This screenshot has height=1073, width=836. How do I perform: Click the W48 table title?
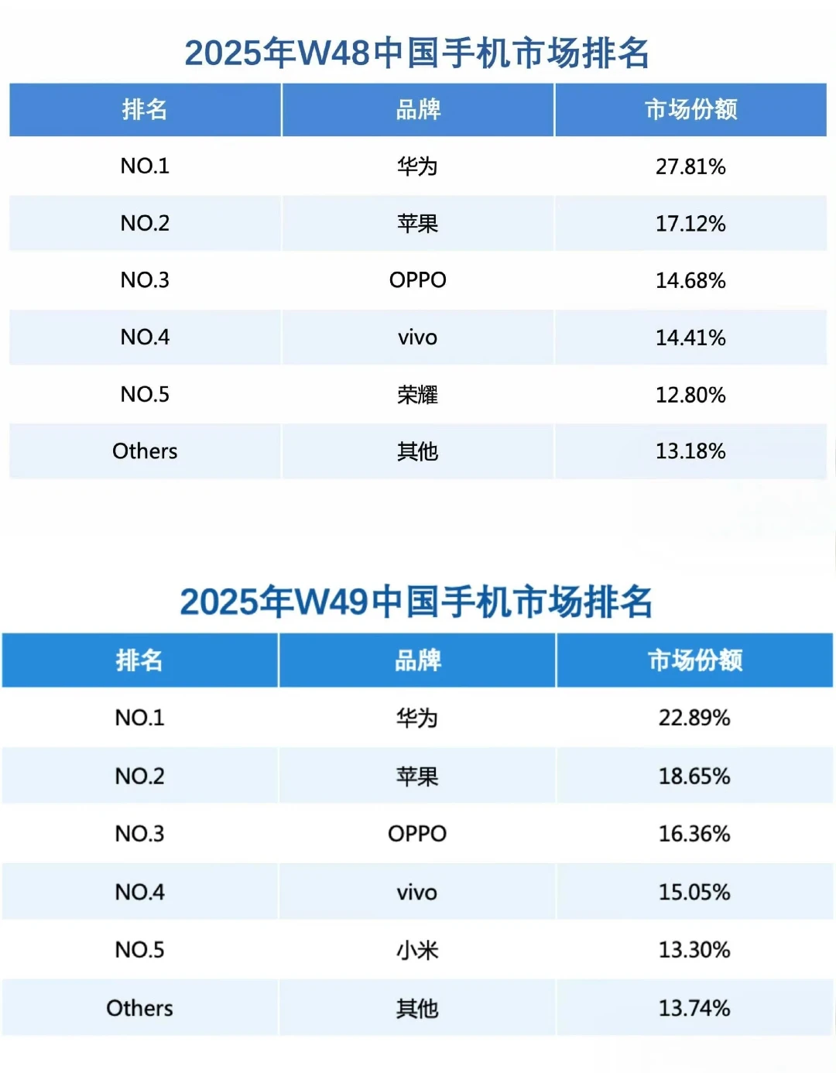point(417,53)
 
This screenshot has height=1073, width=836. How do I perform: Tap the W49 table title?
point(416,602)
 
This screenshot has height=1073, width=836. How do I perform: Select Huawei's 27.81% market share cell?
point(690,166)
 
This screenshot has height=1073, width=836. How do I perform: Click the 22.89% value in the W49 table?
point(694,718)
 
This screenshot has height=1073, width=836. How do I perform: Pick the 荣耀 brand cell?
point(417,395)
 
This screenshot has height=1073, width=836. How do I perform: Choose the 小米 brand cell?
point(417,950)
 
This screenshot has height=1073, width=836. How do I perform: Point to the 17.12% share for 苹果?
point(690,224)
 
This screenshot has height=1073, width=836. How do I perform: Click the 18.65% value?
point(694,776)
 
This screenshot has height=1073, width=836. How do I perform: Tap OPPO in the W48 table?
point(417,280)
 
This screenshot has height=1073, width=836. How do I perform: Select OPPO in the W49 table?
point(417,834)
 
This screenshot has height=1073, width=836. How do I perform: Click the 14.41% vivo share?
point(690,338)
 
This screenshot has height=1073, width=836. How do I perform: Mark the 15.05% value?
point(694,892)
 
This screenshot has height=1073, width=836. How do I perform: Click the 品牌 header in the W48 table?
point(418,110)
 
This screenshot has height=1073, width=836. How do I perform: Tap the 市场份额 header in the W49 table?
point(694,660)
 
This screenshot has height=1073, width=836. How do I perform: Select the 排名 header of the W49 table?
point(139,660)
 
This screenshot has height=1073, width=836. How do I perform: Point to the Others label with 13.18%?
point(145,451)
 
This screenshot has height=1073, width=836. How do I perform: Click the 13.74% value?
point(694,1008)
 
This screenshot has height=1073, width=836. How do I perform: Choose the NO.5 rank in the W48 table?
point(145,395)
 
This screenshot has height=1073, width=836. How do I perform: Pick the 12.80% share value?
point(690,395)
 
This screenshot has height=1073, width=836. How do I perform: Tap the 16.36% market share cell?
point(694,834)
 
